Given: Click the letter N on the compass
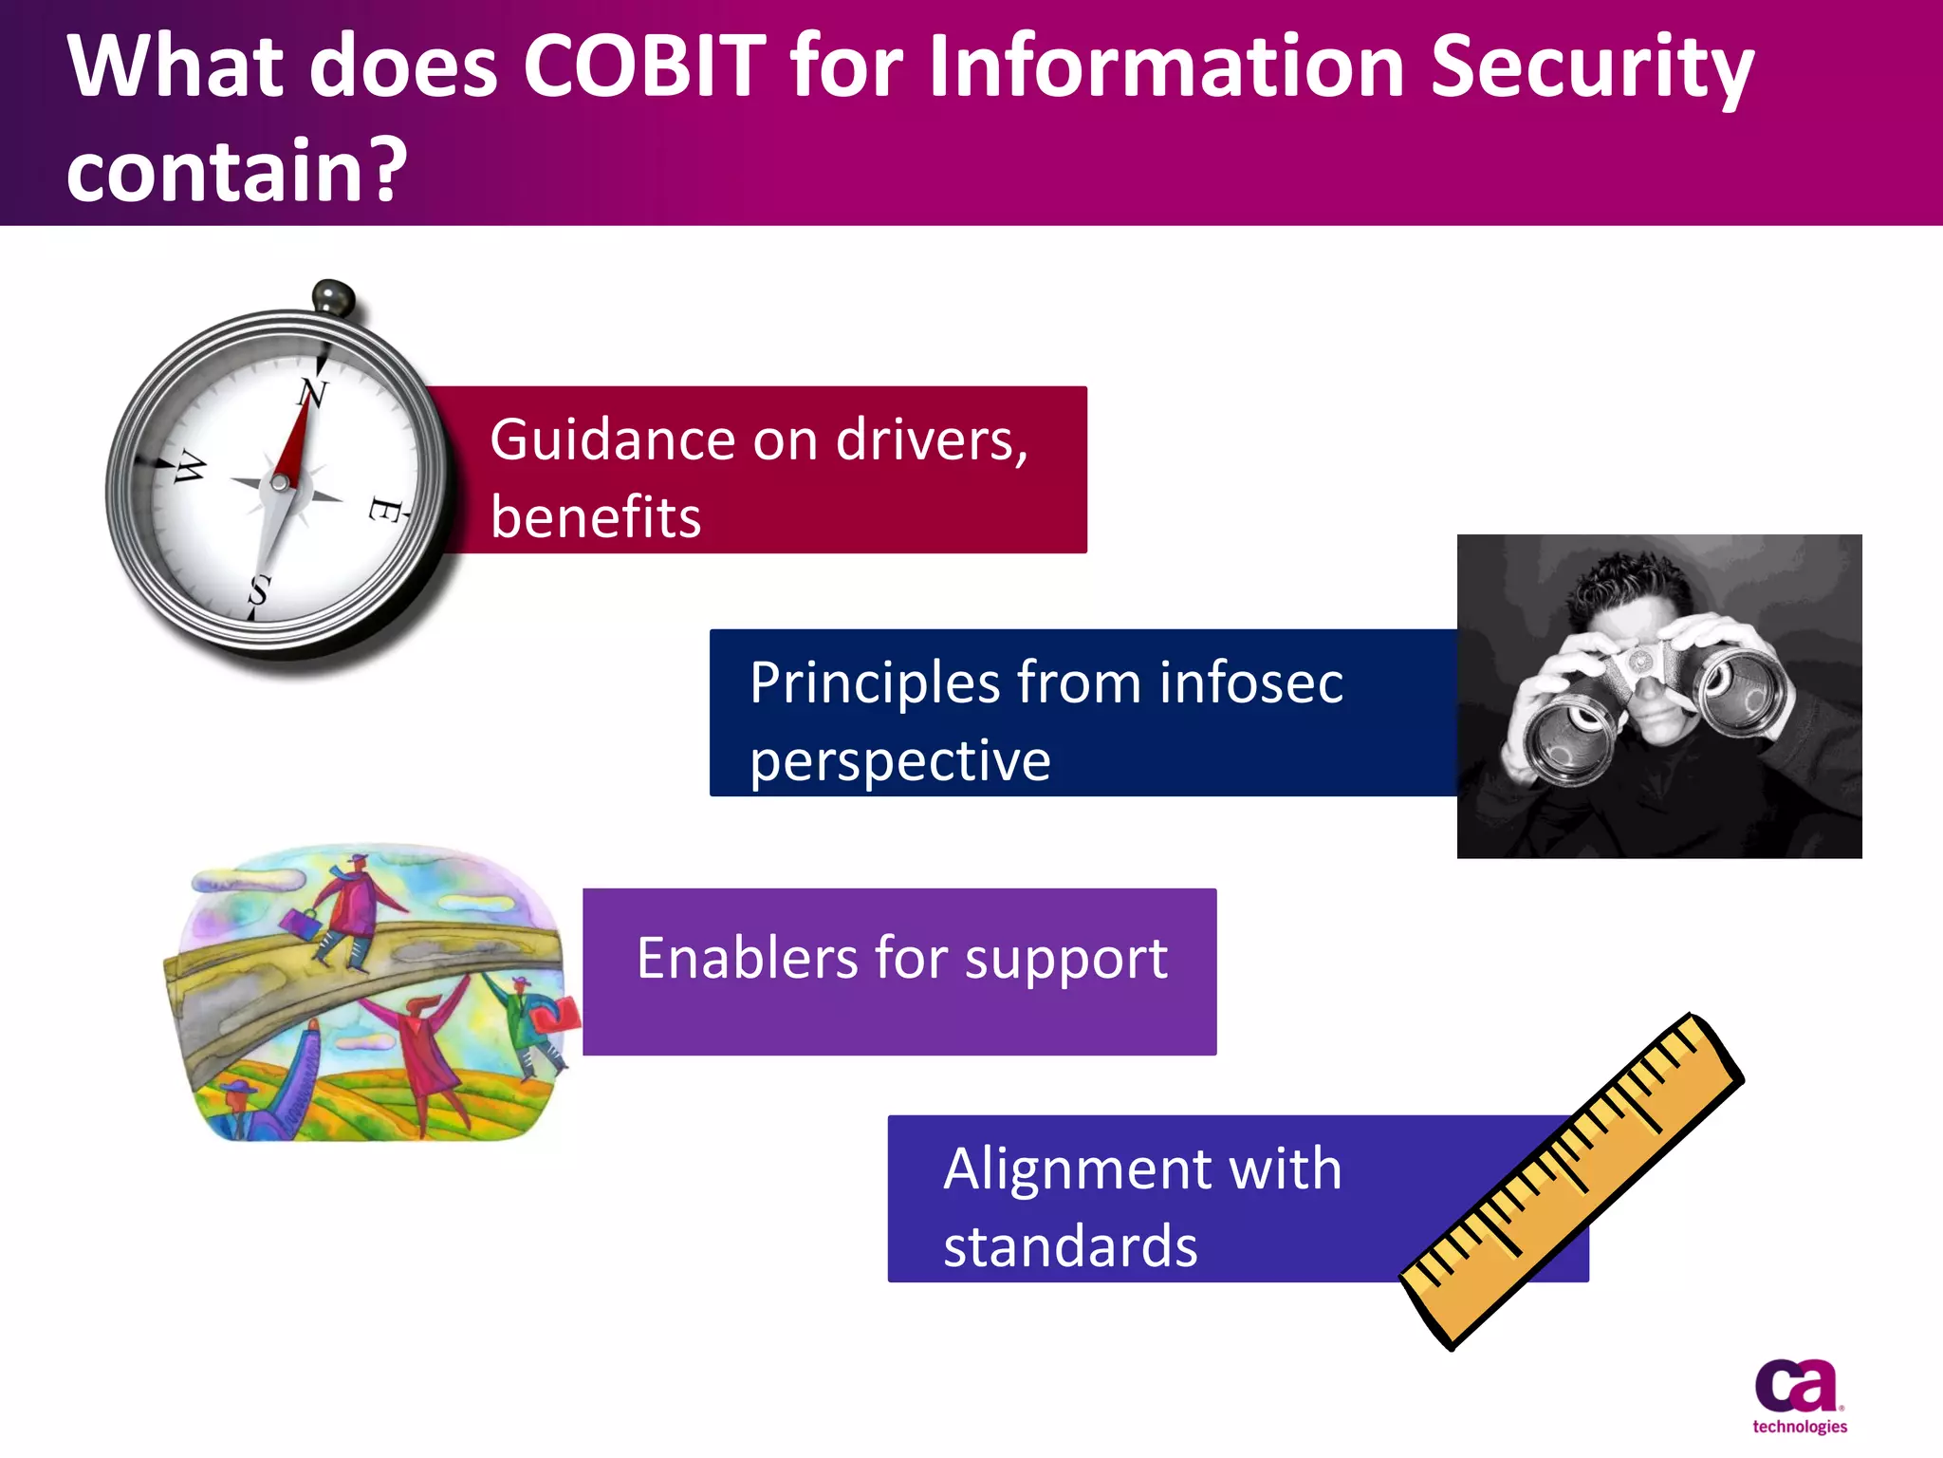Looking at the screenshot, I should pos(313,392).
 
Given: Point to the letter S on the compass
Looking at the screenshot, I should pos(259,590).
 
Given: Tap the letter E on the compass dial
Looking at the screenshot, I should pos(384,510).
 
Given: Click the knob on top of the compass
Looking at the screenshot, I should pos(333,298).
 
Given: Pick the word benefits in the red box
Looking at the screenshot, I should pos(595,518).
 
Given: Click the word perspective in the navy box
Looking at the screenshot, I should pos(899,761).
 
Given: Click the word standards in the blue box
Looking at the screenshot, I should pos(1070,1246).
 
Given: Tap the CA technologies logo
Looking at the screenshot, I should pos(1798,1395).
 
